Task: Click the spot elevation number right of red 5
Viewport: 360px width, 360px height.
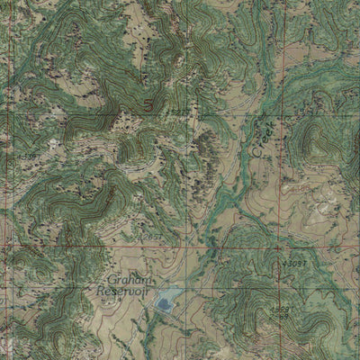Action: [179, 112]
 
